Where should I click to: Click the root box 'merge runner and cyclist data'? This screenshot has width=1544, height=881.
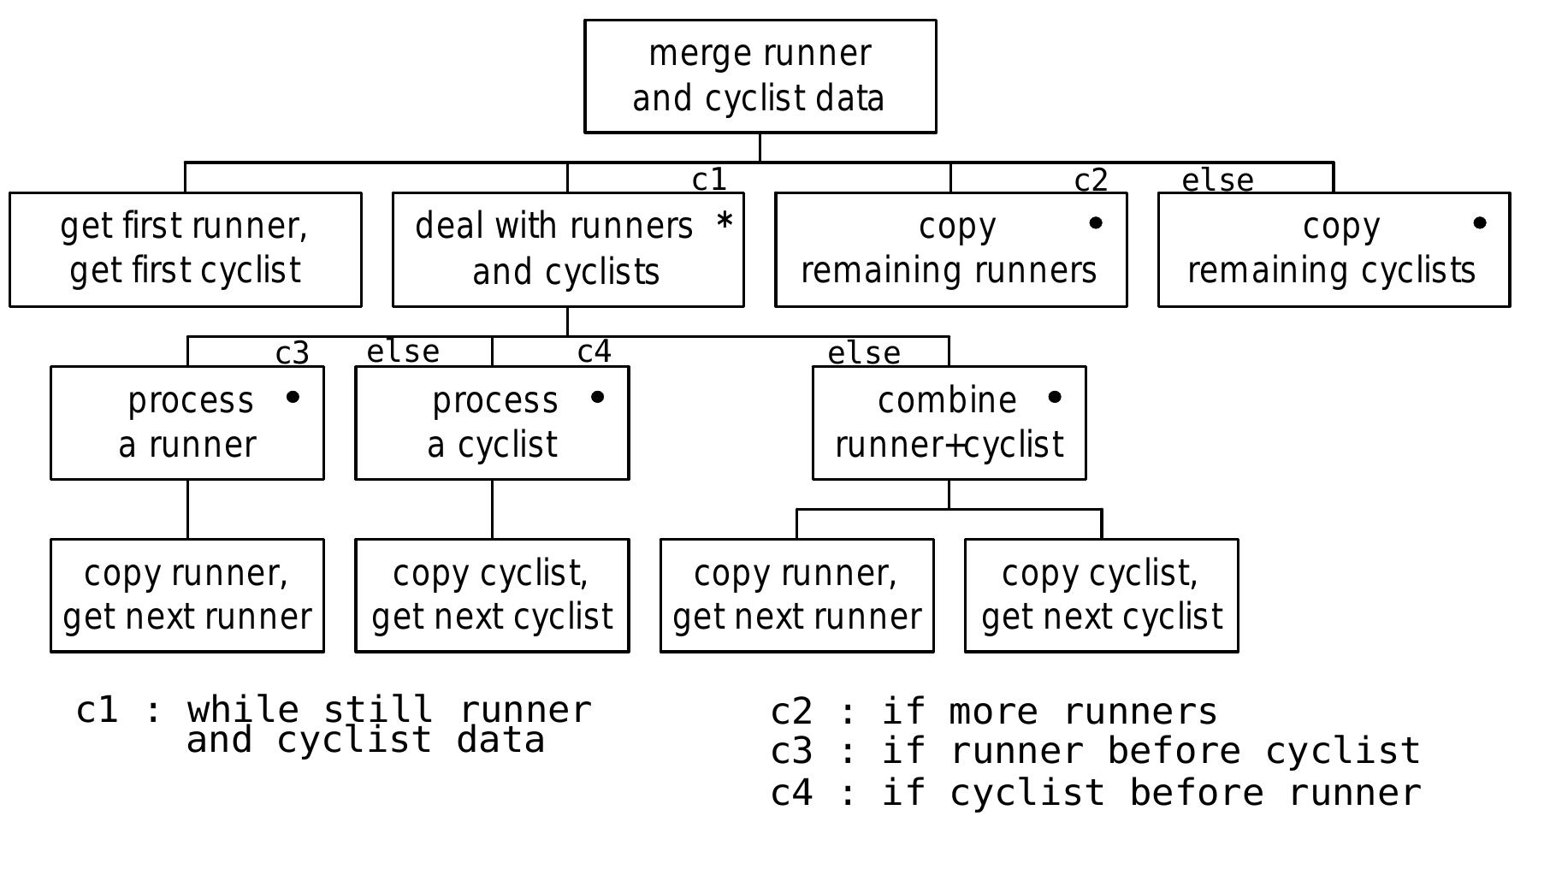[760, 77]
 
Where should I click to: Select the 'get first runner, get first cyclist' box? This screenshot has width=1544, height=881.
[185, 249]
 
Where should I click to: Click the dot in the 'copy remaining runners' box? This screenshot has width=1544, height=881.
[1095, 223]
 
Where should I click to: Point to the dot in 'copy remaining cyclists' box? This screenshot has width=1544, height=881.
[1479, 223]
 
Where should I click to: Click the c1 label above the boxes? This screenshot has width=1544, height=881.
[708, 180]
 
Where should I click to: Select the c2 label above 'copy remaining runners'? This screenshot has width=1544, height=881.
[1091, 180]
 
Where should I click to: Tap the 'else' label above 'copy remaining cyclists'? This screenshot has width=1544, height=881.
[1216, 180]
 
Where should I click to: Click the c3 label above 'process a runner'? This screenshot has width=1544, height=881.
[292, 352]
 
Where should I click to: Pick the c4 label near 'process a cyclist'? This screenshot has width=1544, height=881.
[594, 352]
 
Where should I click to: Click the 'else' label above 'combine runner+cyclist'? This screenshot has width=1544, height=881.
[863, 352]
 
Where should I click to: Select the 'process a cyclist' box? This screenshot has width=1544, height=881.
[492, 423]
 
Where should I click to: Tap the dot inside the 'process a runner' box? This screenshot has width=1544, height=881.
[293, 397]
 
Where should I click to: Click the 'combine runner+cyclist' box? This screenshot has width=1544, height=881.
[949, 423]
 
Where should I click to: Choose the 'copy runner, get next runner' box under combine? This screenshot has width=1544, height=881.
[796, 595]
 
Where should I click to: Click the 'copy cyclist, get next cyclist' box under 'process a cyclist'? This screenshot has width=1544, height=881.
[492, 595]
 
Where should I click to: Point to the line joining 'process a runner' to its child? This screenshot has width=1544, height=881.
[187, 509]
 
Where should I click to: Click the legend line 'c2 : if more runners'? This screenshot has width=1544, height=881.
[993, 712]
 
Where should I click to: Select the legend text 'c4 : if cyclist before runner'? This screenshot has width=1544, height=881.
[1095, 793]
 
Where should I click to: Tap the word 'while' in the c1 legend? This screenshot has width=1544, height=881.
[243, 710]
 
